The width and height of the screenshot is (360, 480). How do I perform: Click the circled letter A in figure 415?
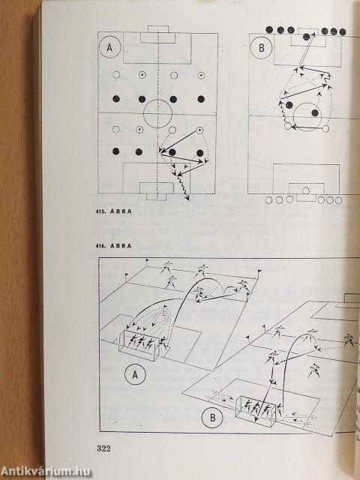[109, 47]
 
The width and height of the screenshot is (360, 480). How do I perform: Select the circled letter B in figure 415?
[261, 48]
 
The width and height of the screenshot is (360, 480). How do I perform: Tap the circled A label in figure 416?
[135, 374]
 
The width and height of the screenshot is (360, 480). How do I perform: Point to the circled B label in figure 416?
[212, 418]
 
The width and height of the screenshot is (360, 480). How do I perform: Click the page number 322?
[103, 448]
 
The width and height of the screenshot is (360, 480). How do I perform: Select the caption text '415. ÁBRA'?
[113, 211]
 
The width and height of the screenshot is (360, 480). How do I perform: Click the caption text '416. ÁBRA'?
[113, 246]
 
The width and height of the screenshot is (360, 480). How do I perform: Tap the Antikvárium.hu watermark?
[46, 472]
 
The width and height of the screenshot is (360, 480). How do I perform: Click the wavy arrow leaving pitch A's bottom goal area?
[183, 187]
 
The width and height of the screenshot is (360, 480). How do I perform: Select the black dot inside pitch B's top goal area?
[306, 37]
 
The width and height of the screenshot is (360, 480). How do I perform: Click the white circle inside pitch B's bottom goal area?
[305, 190]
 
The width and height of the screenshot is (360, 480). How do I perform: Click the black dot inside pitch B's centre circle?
[315, 112]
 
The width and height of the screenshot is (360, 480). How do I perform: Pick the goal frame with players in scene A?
[139, 345]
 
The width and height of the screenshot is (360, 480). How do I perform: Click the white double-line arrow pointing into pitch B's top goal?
[307, 49]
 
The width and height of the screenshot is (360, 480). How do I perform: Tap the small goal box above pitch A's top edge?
[158, 28]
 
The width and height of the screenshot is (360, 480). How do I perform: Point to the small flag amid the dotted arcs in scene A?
[165, 310]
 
